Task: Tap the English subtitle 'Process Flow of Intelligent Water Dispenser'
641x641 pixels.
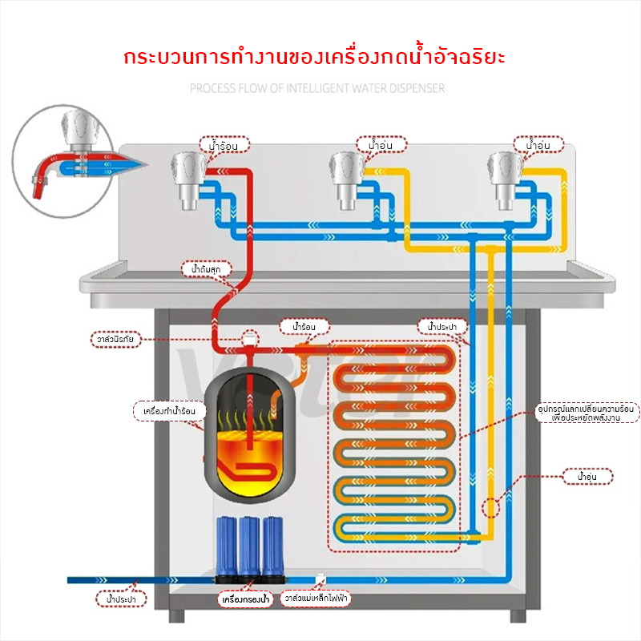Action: point(317,88)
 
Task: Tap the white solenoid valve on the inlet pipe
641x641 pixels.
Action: point(320,578)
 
